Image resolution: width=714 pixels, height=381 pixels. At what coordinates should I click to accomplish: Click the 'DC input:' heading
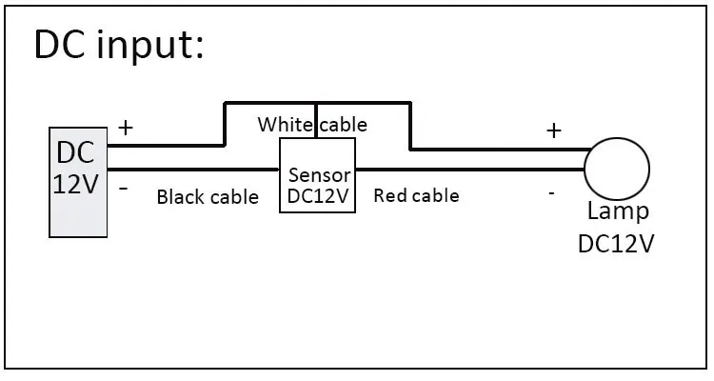pos(119,46)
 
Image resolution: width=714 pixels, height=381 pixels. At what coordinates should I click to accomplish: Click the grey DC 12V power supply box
pos(78,182)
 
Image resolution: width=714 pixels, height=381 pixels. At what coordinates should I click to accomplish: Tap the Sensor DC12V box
pos(317,175)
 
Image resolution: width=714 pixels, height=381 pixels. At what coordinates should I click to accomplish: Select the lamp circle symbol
pos(617,170)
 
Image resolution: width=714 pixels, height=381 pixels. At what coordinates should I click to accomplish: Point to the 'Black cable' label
pos(208,197)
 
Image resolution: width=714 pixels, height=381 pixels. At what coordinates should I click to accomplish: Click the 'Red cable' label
pos(416,196)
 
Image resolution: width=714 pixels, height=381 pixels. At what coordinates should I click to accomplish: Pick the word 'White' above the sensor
pos(285,125)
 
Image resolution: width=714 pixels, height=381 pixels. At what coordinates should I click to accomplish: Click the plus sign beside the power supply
pos(126,128)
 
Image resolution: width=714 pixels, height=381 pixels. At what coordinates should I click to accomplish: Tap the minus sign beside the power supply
pos(124,189)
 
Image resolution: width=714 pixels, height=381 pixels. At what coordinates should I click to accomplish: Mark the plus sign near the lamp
pos(554,131)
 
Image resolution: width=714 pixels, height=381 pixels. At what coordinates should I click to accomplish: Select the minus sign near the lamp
pos(551,193)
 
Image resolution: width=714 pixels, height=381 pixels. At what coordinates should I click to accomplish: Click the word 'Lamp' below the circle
pos(618,212)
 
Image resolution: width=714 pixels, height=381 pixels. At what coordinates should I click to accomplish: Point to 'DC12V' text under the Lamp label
pos(616,244)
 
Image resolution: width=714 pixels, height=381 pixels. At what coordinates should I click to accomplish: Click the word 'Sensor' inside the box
pos(320,175)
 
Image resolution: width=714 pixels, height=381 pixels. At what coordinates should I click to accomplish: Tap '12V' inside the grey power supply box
pos(75,184)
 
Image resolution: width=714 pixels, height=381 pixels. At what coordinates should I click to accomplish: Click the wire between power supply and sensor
pos(193,170)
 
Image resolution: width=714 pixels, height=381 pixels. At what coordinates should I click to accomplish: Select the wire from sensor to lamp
pos(470,170)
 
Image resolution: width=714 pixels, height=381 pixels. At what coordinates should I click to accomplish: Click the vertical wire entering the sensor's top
pos(315,120)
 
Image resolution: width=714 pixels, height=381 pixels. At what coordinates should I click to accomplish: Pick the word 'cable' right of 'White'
pos(344,125)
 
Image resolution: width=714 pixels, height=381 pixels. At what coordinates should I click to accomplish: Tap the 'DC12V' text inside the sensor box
pos(318,196)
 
